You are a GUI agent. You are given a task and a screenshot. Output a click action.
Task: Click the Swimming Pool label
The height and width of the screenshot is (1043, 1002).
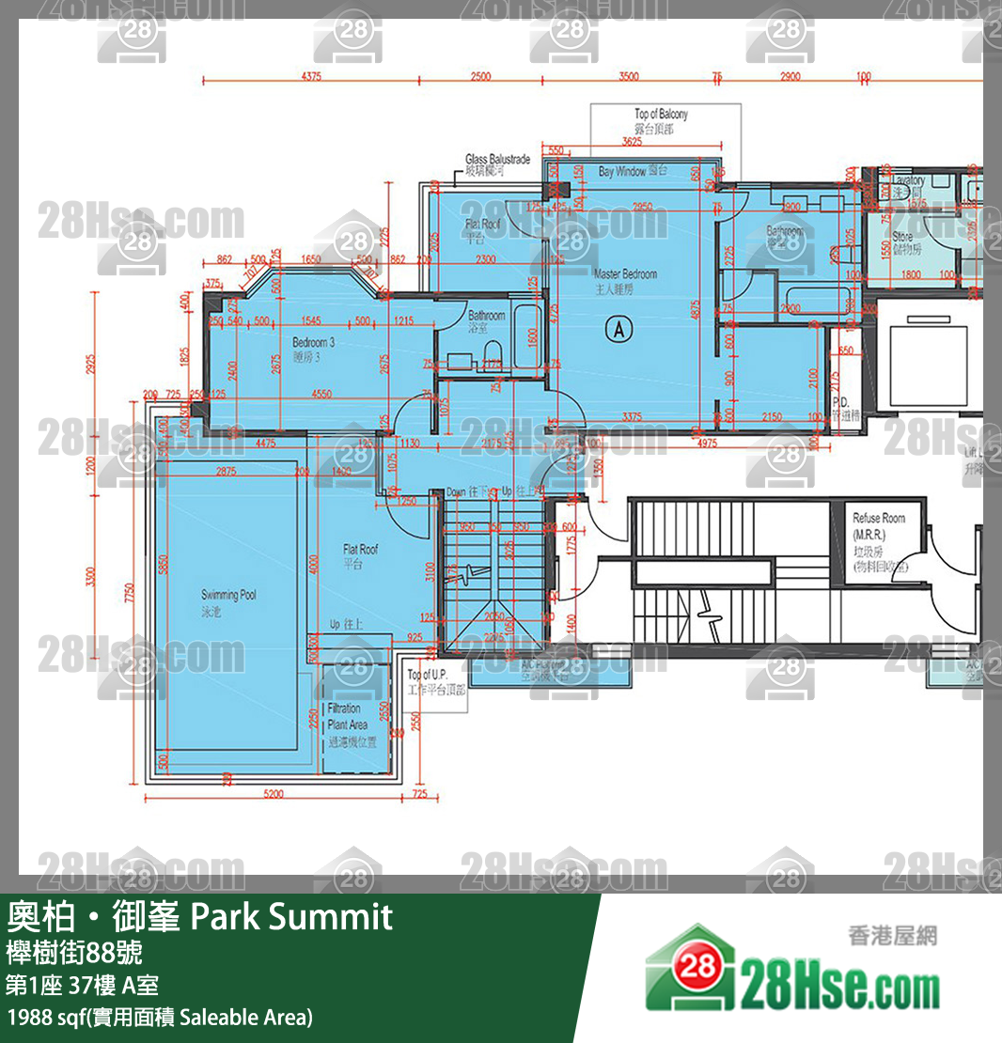pos(228,601)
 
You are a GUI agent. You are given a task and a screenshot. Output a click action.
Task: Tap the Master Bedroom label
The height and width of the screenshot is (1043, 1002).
pos(625,281)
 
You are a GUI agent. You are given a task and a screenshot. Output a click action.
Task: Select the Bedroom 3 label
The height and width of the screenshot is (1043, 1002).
pos(313,350)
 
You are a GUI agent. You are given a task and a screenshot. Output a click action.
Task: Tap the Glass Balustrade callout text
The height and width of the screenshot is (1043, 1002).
pos(497,165)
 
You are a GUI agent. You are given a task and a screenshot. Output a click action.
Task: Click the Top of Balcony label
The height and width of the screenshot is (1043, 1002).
pos(661,120)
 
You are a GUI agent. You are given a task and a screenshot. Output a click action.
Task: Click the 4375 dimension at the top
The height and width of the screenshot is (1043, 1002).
pos(312,77)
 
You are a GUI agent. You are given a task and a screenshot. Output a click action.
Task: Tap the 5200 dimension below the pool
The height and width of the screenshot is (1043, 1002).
pos(274,794)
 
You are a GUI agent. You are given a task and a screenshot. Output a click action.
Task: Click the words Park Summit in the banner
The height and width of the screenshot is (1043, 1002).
pos(291,916)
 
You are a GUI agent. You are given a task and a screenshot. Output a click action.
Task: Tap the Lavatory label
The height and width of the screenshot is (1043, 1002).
pos(908,185)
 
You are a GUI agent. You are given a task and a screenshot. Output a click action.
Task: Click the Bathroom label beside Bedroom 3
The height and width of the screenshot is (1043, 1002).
pos(487,321)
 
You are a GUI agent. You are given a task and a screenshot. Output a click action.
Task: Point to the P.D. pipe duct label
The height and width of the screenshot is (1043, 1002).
pos(839,407)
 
